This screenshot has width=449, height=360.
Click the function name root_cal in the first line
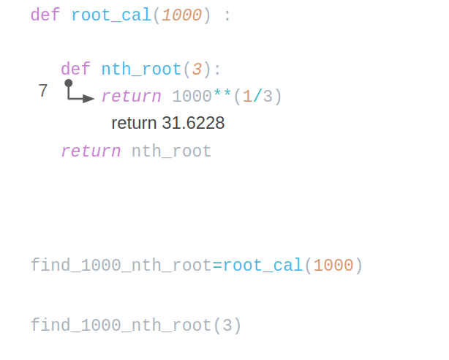click(111, 15)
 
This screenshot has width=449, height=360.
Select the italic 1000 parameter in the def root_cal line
click(181, 15)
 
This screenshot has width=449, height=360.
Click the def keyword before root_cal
click(45, 15)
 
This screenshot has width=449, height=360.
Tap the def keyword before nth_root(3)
click(75, 70)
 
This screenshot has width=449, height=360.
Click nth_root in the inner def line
click(141, 70)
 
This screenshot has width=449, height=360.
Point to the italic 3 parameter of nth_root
click(197, 70)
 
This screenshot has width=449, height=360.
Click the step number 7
click(43, 91)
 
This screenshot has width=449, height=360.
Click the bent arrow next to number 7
click(78, 93)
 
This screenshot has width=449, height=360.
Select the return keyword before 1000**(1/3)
click(131, 97)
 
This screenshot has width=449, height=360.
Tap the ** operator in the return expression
click(222, 97)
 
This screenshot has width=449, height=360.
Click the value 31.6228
click(193, 124)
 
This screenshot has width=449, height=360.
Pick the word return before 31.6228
click(134, 124)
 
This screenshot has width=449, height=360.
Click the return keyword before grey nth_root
click(91, 151)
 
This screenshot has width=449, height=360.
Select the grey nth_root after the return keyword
click(171, 151)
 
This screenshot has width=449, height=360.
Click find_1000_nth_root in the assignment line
click(121, 266)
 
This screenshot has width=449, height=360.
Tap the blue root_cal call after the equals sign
click(263, 266)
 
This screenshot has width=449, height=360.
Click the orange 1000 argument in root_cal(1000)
click(333, 266)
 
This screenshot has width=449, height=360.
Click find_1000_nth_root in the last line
click(121, 325)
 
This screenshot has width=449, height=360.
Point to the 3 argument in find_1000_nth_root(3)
click(227, 325)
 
